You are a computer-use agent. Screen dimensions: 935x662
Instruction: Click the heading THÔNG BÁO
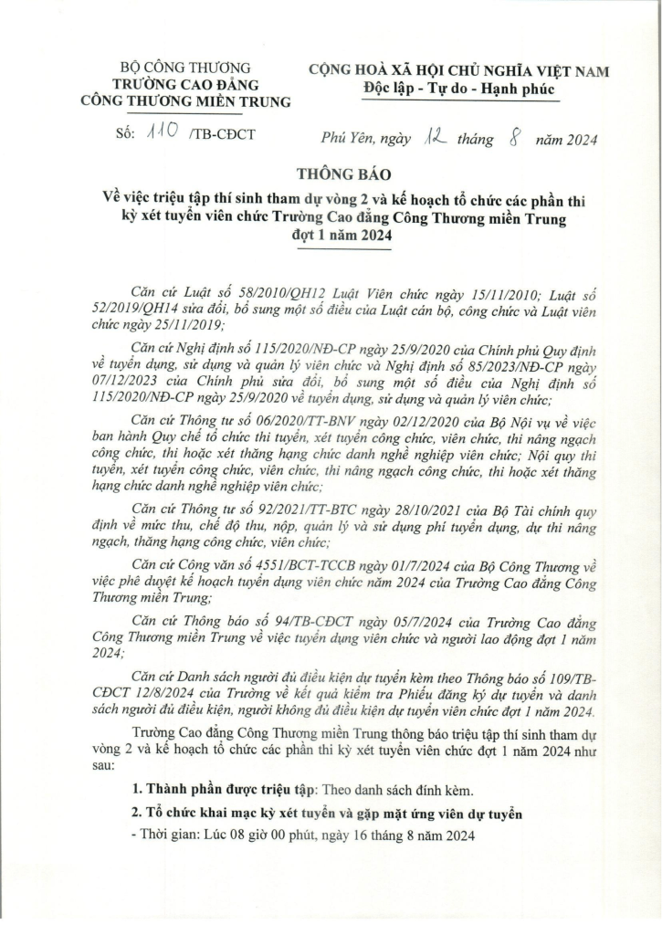[331, 174]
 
